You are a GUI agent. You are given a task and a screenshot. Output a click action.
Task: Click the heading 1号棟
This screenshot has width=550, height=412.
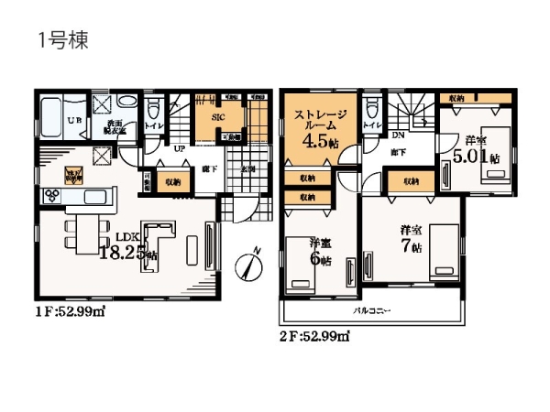(x=61, y=41)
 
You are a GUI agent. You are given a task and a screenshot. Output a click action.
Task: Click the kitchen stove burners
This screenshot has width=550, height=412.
(x=50, y=195)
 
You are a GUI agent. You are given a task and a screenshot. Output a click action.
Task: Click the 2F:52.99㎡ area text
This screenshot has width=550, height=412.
(x=315, y=336)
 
